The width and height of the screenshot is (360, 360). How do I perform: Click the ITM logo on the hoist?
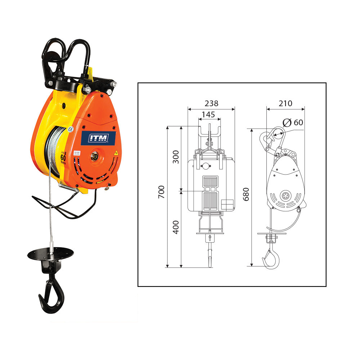98,138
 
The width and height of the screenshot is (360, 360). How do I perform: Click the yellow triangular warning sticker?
116,153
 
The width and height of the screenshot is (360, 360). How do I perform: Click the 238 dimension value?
211,103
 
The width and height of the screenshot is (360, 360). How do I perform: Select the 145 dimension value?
208,115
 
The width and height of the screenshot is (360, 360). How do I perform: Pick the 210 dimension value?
285,104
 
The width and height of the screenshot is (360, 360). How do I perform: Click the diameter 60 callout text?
293,122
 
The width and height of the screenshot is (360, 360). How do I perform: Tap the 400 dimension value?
176,228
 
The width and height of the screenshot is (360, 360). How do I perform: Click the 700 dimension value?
161,192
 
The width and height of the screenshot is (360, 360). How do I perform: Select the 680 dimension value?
246,194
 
